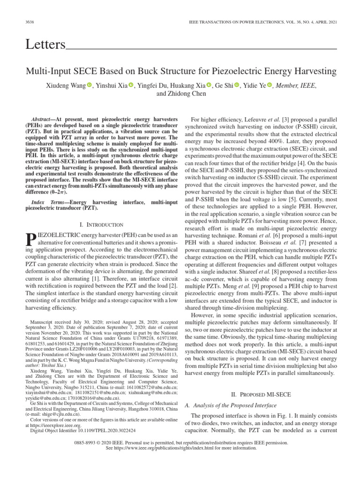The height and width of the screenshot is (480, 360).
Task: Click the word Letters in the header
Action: [x=45, y=45]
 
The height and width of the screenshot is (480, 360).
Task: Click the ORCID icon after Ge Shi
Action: [x=237, y=85]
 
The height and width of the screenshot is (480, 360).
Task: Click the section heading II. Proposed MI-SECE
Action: [x=262, y=395]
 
